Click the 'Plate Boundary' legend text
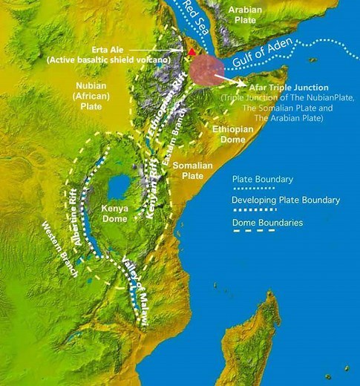262,179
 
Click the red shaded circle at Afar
206,71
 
